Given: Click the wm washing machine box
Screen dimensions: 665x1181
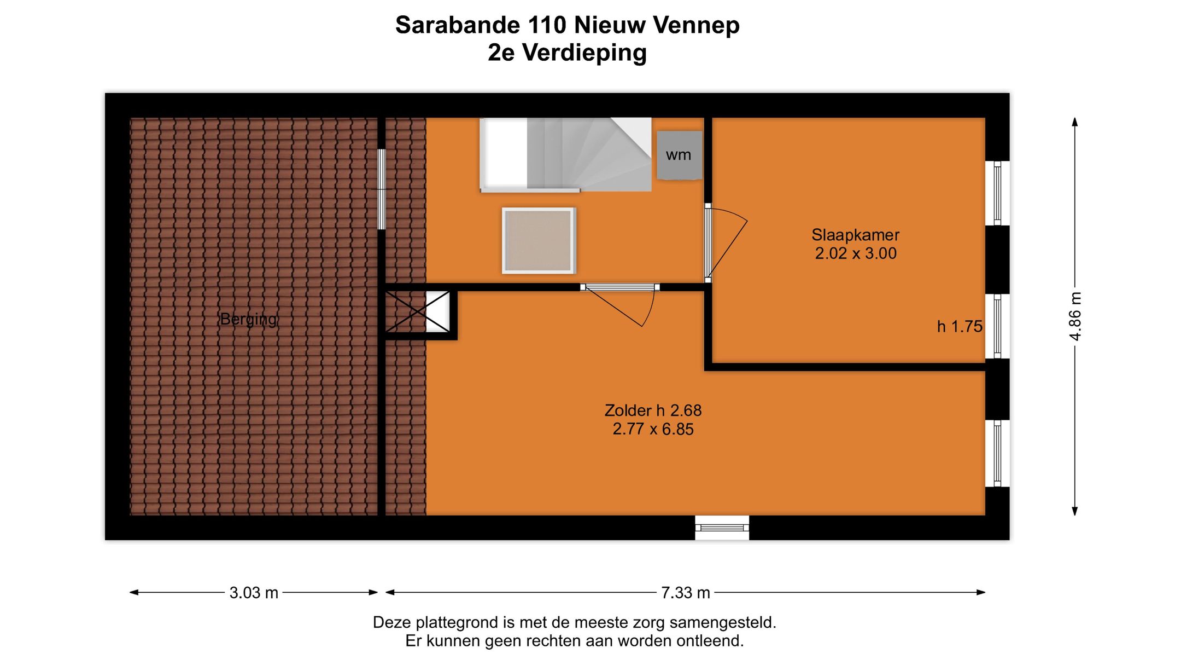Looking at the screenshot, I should tap(679, 155).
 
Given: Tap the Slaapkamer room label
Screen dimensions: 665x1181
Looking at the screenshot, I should tap(855, 235).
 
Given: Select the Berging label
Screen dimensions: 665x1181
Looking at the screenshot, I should tap(248, 319).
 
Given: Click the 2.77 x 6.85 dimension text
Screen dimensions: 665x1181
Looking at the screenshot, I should tap(653, 429).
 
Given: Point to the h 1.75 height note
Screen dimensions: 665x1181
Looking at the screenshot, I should tap(960, 327).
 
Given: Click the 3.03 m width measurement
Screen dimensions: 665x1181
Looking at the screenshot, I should tap(254, 593).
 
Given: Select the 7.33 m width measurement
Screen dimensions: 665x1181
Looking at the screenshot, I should tap(686, 593).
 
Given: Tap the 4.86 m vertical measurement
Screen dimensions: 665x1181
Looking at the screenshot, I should tap(1075, 316).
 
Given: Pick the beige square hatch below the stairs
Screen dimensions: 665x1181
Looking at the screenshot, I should tap(539, 240).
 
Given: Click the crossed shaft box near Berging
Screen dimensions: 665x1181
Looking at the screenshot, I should tap(418, 311).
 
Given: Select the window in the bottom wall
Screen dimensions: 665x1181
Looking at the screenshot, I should tap(722, 528).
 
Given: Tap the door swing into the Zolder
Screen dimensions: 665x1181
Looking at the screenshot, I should tap(623, 307).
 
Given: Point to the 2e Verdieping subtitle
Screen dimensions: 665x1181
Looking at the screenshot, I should tap(567, 53).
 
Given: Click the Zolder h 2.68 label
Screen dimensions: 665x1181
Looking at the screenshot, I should tap(653, 410).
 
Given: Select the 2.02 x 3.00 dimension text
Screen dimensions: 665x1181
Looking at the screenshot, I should tap(856, 253).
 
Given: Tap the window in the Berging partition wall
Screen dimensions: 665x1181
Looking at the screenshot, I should tap(382, 189).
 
